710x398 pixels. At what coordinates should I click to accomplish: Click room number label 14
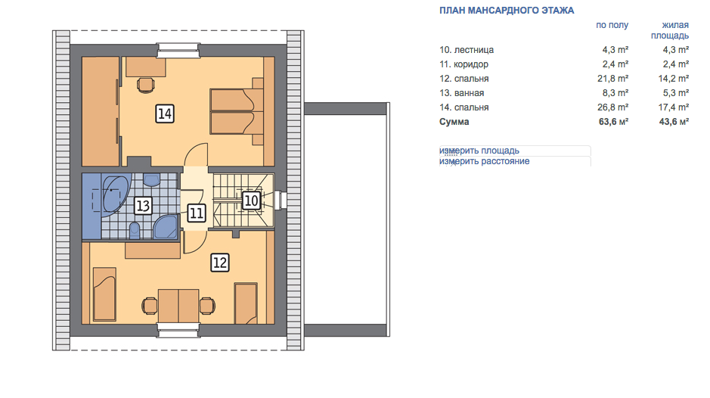(x=164, y=113)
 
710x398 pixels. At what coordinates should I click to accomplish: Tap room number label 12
(x=220, y=263)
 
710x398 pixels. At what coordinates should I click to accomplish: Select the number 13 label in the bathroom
(x=143, y=206)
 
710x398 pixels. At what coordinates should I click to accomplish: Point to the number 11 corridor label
(x=196, y=213)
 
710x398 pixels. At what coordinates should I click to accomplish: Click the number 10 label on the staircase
(x=251, y=201)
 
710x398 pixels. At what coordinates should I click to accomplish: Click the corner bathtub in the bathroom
(x=115, y=194)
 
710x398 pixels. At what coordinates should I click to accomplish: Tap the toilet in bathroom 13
(x=135, y=230)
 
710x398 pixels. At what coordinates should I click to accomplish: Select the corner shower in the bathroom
(x=166, y=227)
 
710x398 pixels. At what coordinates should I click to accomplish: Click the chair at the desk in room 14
(x=146, y=85)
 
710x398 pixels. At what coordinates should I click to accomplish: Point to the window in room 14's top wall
(x=178, y=50)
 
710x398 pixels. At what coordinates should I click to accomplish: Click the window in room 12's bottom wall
(x=178, y=330)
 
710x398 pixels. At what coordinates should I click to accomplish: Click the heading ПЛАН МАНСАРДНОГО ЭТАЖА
(x=507, y=11)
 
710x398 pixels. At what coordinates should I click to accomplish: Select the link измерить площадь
(x=479, y=151)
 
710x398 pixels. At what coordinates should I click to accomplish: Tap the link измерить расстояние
(x=484, y=161)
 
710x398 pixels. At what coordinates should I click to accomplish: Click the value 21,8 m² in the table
(x=612, y=79)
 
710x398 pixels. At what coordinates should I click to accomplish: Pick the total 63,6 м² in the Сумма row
(x=613, y=122)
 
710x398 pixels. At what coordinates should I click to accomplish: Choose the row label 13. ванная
(x=461, y=93)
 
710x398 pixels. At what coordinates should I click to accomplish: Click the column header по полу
(x=612, y=25)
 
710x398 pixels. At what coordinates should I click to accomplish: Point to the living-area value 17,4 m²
(x=673, y=107)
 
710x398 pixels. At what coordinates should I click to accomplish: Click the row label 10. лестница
(x=467, y=50)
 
